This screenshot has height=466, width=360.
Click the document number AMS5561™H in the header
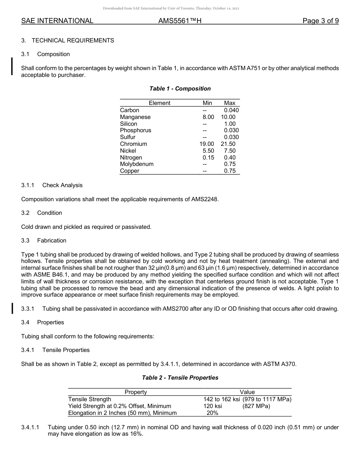(x=180, y=21)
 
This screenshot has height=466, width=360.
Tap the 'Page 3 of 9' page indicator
(x=320, y=21)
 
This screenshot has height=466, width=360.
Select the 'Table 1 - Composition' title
(x=180, y=89)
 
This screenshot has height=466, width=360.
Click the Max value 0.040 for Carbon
(x=232, y=110)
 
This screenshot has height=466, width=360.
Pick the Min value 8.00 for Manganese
(x=208, y=117)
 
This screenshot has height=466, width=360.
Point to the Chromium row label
(x=133, y=144)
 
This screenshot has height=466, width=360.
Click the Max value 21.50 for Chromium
(x=228, y=144)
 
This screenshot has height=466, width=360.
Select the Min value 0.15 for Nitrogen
(x=208, y=158)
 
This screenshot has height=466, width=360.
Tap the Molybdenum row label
(x=137, y=164)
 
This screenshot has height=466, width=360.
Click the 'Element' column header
(x=160, y=103)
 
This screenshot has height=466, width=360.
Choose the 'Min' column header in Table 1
(x=207, y=103)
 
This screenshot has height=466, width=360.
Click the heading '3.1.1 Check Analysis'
(x=52, y=185)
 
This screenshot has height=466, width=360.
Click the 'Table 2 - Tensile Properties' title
(x=180, y=378)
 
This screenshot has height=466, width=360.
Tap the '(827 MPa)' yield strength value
(x=256, y=406)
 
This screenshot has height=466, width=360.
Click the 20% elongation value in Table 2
(x=212, y=413)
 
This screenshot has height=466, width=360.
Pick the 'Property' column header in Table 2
(x=136, y=392)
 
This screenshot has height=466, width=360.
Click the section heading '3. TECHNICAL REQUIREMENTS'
(x=67, y=40)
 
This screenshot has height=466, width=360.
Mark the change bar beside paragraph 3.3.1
(x=13, y=308)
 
